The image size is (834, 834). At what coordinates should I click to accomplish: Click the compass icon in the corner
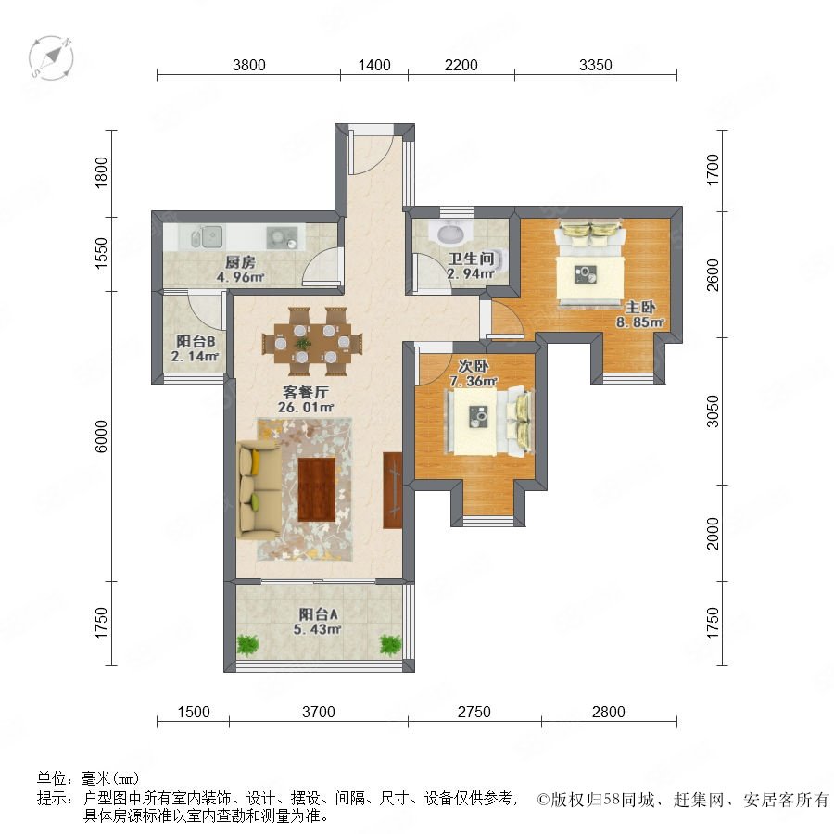point(51,58)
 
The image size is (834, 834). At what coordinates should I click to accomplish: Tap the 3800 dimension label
point(249,65)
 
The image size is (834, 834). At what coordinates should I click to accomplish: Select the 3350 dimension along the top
point(596,65)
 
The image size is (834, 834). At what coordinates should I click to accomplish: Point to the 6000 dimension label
point(101,436)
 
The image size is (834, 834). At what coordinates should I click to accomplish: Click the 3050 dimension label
point(713,411)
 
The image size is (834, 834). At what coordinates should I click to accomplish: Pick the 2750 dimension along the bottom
point(474,712)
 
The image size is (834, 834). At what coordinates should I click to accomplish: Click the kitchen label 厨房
point(240,262)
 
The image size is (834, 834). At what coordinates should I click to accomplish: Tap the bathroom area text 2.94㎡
point(471,274)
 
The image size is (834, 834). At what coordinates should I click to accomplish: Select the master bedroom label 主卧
point(640,307)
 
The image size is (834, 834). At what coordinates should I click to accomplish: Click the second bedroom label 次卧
point(474,366)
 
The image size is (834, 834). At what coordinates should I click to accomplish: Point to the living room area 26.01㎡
point(306,408)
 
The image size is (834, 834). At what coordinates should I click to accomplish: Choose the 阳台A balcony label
point(318,614)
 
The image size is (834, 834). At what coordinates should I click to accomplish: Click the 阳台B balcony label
point(196,341)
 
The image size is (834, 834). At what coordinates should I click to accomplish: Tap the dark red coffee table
point(317,489)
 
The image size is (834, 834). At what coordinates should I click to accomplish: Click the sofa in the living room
point(259,489)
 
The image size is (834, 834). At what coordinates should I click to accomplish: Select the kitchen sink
point(208,236)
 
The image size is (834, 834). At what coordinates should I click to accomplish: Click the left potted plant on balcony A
point(247,645)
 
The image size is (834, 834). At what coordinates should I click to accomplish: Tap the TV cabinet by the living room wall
point(393,490)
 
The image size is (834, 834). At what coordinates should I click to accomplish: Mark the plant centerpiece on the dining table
point(303,342)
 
